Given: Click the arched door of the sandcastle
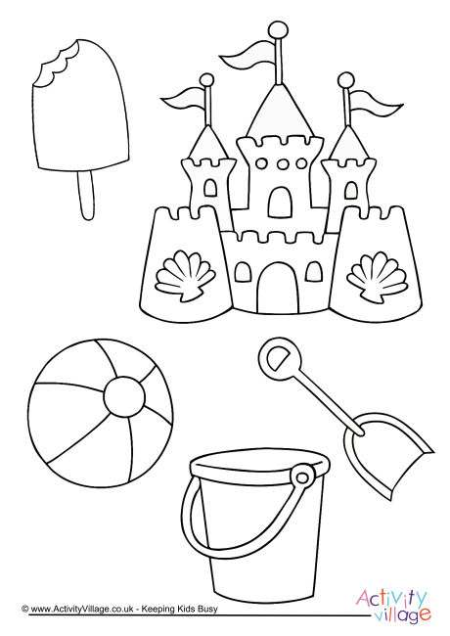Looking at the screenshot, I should pos(278,285).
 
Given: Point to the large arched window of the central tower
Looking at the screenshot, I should pos(279,202).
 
